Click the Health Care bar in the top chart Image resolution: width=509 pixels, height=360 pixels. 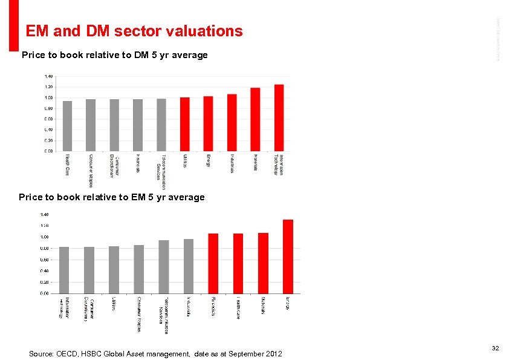point(68,126)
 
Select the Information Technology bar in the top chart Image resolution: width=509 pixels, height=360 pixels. point(279,118)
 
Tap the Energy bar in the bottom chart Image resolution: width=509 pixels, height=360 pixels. point(288,257)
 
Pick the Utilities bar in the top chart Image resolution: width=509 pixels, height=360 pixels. point(185,124)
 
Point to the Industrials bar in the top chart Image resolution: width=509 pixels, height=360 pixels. point(232,123)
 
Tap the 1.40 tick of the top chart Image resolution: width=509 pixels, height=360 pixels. point(48,76)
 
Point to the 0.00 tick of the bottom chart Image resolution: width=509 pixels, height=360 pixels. point(45,293)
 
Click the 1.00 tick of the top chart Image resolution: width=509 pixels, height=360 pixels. point(48,97)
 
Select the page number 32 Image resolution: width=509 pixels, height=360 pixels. point(495,348)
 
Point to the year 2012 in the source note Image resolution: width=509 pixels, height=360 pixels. point(273,353)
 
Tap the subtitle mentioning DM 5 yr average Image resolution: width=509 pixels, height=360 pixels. point(114,55)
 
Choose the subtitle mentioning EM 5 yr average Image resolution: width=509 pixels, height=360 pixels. point(112,197)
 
